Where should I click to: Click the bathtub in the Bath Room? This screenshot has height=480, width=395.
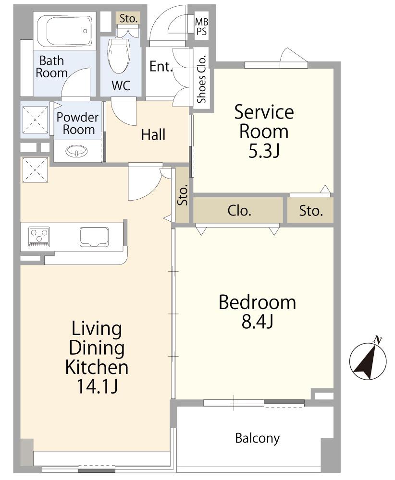click(65, 30)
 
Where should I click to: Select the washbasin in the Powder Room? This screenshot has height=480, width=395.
click(76, 151)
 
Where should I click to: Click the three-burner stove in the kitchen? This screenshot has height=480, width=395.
click(39, 237)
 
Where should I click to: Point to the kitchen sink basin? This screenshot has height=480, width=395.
click(94, 236)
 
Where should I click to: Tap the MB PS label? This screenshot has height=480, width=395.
click(202, 26)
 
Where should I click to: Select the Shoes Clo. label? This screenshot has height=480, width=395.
click(201, 79)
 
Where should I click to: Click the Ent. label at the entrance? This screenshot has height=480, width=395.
click(160, 66)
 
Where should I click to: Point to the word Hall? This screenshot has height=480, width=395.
click(153, 134)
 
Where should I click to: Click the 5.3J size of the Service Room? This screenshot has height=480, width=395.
click(264, 151)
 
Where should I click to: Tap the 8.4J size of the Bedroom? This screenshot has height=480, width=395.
click(257, 321)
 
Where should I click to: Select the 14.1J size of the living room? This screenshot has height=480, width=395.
click(97, 386)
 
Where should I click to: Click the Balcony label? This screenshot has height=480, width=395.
click(258, 438)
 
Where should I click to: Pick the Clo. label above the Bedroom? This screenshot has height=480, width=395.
click(239, 211)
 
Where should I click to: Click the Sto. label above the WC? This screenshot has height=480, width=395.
click(128, 19)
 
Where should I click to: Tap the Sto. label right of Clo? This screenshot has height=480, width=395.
click(311, 211)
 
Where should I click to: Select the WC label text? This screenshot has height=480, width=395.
click(121, 86)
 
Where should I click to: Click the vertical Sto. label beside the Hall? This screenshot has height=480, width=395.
click(183, 196)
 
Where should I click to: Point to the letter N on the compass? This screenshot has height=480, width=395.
click(379, 339)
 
